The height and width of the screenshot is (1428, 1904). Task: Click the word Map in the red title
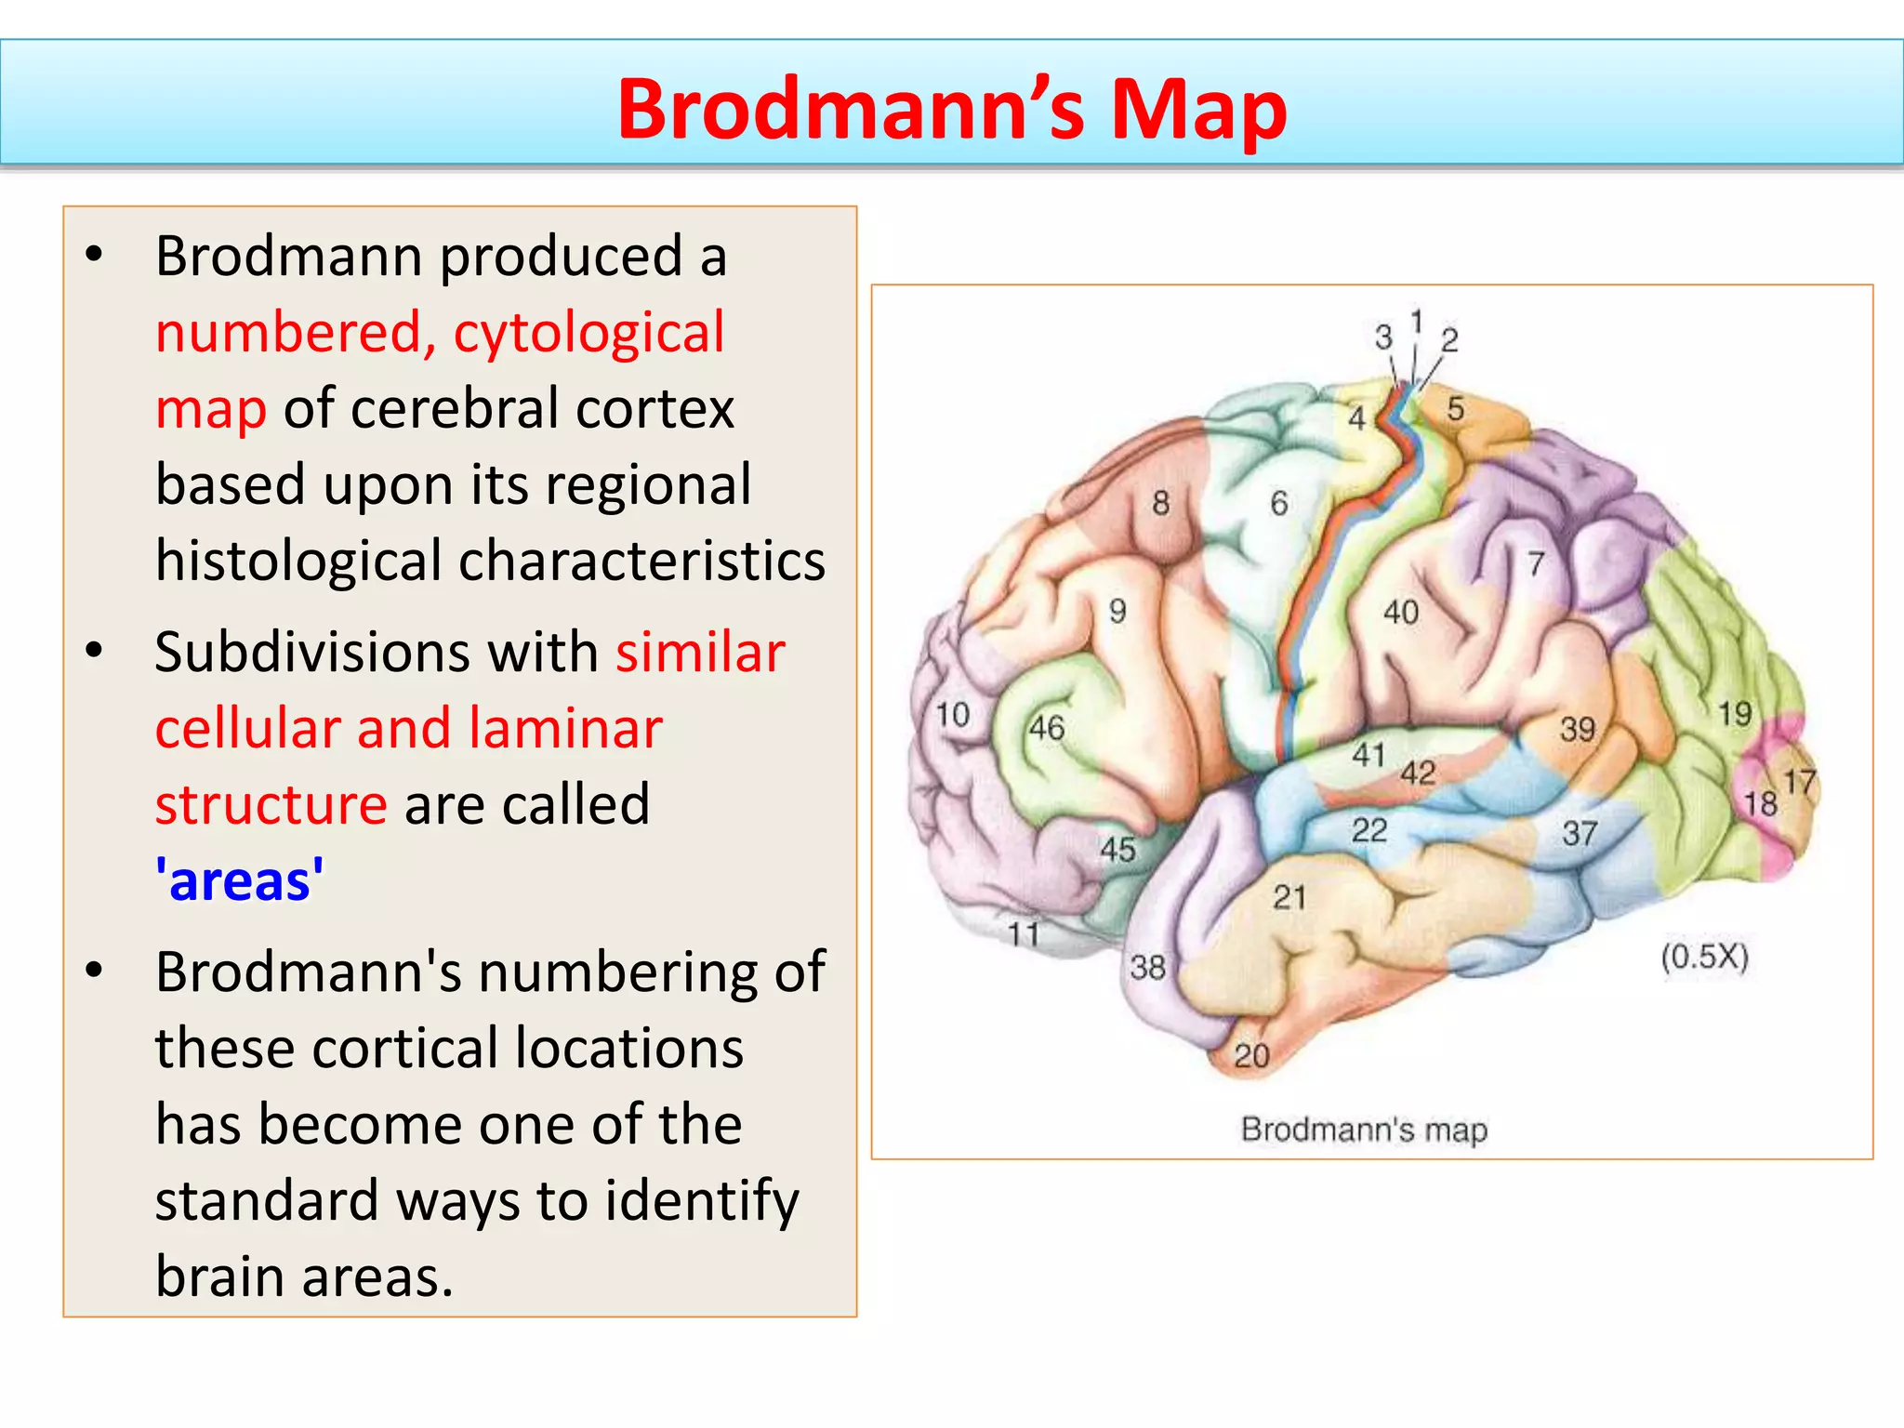click(x=1198, y=109)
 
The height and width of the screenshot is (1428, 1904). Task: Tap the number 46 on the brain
click(x=1047, y=728)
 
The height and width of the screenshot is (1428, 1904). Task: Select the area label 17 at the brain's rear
click(x=1799, y=782)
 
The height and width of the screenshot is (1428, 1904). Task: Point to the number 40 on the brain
click(x=1401, y=612)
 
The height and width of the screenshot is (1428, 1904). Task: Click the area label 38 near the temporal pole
click(x=1147, y=968)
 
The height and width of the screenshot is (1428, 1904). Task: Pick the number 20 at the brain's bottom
click(x=1251, y=1055)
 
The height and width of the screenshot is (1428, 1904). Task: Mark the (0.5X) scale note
click(x=1704, y=957)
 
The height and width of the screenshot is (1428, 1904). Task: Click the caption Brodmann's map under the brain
click(x=1364, y=1130)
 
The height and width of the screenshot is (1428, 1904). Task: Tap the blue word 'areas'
click(x=240, y=880)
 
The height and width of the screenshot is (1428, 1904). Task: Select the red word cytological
click(x=588, y=332)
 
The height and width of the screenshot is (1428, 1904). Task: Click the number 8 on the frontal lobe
click(x=1160, y=503)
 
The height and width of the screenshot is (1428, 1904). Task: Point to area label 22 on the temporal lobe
click(x=1369, y=829)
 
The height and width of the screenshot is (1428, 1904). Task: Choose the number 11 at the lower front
click(x=1024, y=933)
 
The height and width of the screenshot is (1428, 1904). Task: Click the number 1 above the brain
click(x=1416, y=323)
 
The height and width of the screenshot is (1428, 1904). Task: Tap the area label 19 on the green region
click(x=1734, y=714)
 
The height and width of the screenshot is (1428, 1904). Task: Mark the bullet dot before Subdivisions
click(x=94, y=650)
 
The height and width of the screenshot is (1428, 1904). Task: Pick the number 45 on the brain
click(x=1117, y=849)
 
